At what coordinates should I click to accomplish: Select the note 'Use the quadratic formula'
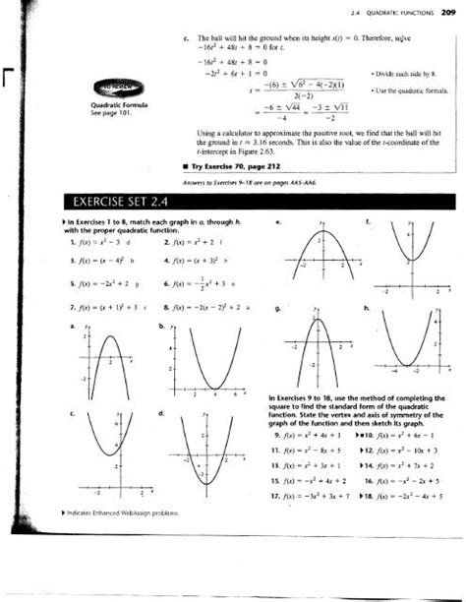tap(405, 90)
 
